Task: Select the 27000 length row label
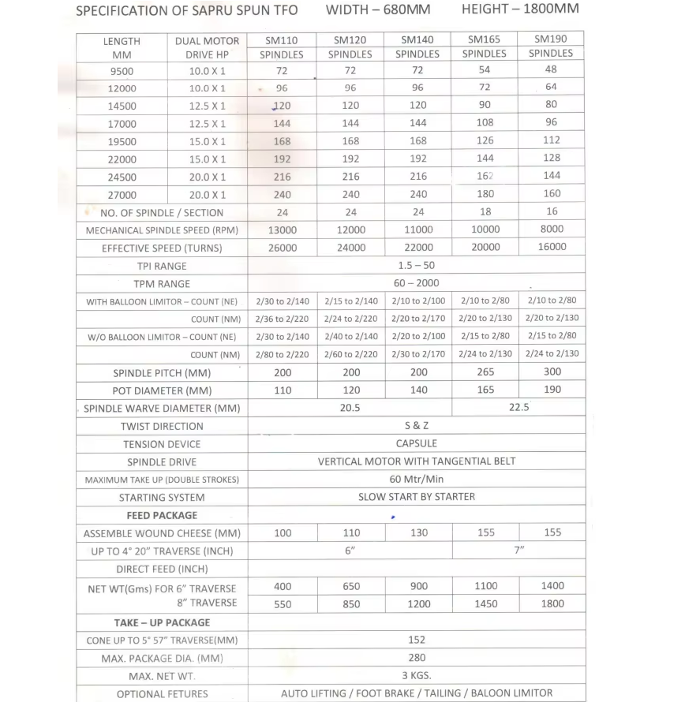click(122, 195)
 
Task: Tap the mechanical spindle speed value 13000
click(283, 230)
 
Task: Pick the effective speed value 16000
click(552, 247)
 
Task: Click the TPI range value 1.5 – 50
click(416, 265)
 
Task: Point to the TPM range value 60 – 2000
click(417, 283)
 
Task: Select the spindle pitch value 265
click(485, 372)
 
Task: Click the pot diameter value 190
click(552, 390)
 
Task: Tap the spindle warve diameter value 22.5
click(518, 408)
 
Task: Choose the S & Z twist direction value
click(416, 426)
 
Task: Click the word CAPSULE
click(416, 443)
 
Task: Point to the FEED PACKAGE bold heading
click(162, 515)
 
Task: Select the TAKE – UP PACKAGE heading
click(162, 622)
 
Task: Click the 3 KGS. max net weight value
click(417, 675)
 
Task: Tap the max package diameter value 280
click(417, 657)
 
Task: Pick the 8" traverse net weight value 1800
click(552, 604)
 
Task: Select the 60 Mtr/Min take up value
click(417, 479)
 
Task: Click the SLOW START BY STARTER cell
click(417, 497)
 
